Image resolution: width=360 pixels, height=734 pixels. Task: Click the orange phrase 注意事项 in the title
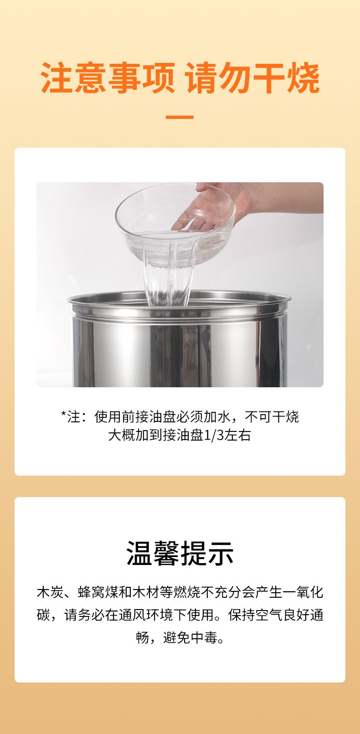coord(108,78)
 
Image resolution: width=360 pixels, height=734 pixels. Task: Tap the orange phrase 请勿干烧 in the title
coord(252,78)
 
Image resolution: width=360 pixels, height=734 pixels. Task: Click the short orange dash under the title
coord(180,117)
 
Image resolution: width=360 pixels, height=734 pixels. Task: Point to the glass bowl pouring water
coord(175,223)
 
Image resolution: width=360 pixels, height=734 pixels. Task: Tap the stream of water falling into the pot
coord(168,278)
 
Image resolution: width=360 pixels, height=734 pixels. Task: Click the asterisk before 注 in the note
coord(64,414)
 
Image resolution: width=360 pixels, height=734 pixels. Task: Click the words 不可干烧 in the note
coord(272,417)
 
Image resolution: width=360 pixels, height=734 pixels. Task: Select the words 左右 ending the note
coord(238,435)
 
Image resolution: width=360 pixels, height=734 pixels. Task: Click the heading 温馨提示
coord(180,554)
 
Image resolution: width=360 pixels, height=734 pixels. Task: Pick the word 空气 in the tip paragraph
coord(269,615)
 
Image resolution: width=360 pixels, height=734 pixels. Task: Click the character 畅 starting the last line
coord(143,637)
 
